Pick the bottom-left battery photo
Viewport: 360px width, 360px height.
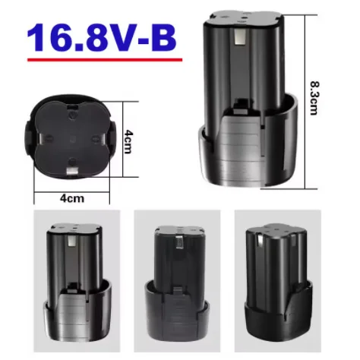click(75, 286)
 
